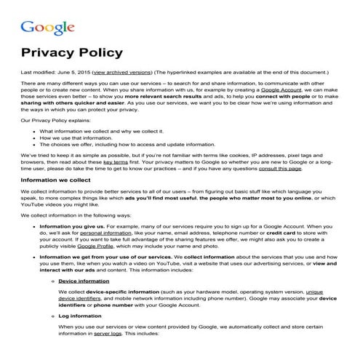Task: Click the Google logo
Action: [x=48, y=28]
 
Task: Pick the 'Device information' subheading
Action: [x=79, y=281]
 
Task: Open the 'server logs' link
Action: [x=105, y=335]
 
